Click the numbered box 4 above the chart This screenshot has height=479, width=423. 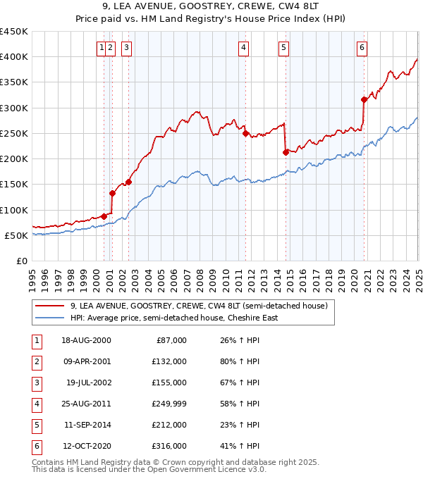(x=243, y=48)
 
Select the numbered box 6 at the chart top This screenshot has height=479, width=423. (x=362, y=48)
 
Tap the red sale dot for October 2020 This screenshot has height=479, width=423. (x=364, y=99)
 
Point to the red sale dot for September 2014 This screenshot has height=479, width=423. (x=286, y=152)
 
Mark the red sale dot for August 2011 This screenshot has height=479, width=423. (x=245, y=133)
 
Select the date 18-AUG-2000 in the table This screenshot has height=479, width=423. (x=87, y=340)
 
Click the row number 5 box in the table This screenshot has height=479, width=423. (x=35, y=425)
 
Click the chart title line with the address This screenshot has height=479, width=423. (x=211, y=8)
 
